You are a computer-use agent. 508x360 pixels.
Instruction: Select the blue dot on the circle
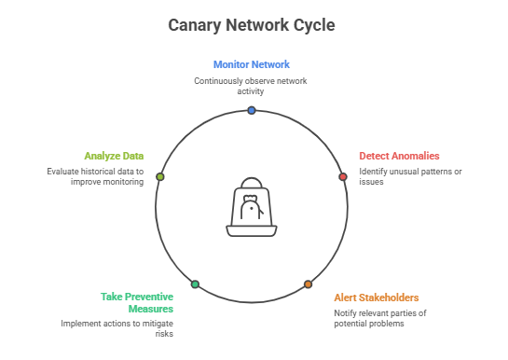[252, 110]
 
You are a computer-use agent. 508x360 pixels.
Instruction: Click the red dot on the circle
[343, 176]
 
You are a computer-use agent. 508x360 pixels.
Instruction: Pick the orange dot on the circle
[308, 284]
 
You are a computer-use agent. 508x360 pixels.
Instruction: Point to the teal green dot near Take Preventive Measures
[195, 284]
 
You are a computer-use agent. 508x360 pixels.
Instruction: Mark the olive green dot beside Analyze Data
[160, 176]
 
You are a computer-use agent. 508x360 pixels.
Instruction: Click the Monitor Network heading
[252, 64]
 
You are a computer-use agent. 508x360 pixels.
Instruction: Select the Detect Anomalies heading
[399, 156]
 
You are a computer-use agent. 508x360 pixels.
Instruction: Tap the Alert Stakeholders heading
[377, 298]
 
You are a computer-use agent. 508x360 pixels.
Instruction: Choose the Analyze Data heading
[114, 156]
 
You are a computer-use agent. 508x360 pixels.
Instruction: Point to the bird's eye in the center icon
[252, 208]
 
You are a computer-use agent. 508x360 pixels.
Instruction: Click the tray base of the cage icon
[252, 231]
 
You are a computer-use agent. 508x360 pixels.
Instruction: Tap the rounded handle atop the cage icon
[252, 183]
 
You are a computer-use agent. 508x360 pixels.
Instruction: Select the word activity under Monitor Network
[251, 91]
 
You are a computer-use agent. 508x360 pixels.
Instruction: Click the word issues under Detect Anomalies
[371, 182]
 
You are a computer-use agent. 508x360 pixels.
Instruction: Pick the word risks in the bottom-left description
[164, 334]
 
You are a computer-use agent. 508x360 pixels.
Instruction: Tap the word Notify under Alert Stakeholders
[344, 313]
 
